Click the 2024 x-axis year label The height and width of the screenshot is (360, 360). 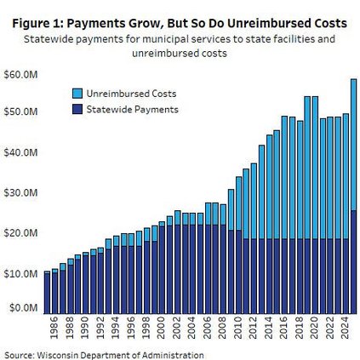(345, 328)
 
